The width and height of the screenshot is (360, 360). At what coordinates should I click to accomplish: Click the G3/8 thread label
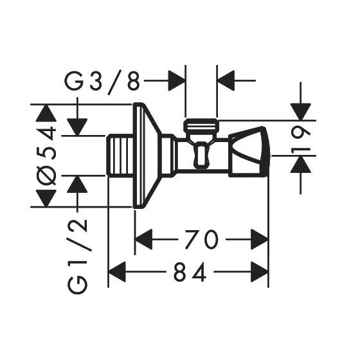102,82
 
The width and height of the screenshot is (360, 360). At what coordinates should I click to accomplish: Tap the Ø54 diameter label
46,156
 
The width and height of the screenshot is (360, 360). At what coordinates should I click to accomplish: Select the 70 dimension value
201,239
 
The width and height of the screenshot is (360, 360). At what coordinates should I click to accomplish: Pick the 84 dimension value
190,272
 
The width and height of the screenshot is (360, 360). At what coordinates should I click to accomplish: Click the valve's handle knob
248,152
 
